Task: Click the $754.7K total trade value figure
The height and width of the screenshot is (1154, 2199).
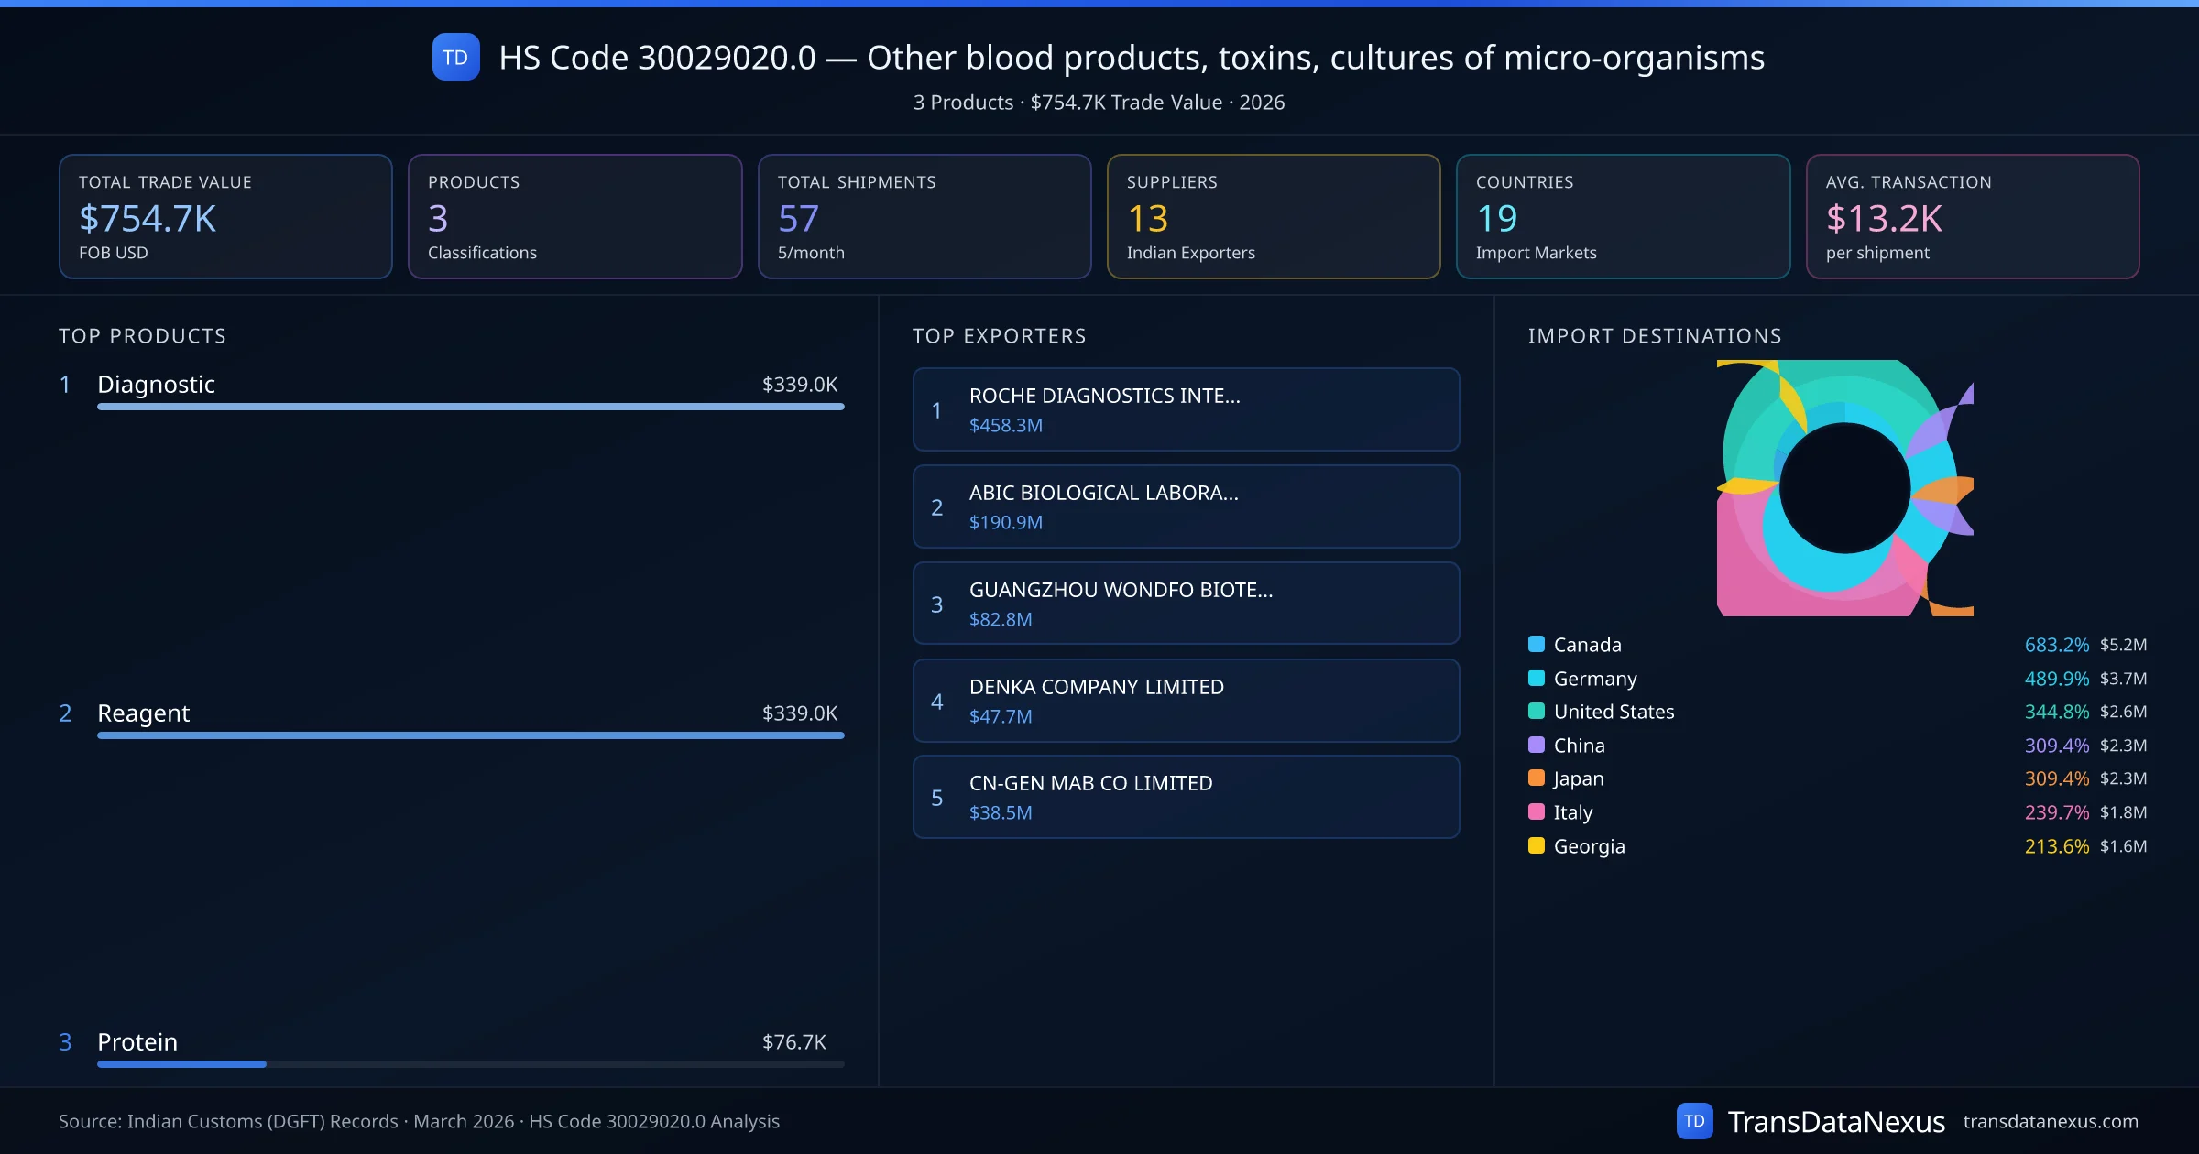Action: coord(148,219)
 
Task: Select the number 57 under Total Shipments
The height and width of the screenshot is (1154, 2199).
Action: coord(798,219)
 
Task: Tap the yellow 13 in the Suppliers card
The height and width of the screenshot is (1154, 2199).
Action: coord(1147,219)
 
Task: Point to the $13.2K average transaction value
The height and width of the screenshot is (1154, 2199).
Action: coord(1884,219)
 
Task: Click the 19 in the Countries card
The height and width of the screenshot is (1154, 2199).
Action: coord(1497,219)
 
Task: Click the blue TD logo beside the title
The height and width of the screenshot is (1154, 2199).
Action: coord(455,58)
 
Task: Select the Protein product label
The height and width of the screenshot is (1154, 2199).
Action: coord(137,1042)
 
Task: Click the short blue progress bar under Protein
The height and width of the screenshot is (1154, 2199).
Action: coord(181,1064)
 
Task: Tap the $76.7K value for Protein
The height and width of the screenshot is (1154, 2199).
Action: coord(793,1042)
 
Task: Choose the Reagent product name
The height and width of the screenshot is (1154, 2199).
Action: coord(144,713)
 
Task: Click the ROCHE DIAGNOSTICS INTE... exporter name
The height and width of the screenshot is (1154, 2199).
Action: coord(1104,396)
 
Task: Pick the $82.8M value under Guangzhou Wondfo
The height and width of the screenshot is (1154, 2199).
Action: coord(1000,620)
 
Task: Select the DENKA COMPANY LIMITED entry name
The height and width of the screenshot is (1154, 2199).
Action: coord(1096,687)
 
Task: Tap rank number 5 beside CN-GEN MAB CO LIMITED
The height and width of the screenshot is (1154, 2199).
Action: coord(936,798)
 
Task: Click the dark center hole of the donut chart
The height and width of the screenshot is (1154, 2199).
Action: coord(1844,488)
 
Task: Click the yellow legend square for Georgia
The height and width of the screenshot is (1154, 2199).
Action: coord(1537,845)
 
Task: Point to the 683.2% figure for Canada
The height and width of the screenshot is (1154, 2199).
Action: coord(2056,645)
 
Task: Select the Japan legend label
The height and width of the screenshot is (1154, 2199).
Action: coord(1578,778)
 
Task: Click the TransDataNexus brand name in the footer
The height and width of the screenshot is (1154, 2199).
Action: coord(1835,1122)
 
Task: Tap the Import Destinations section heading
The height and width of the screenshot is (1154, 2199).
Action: coord(1655,336)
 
